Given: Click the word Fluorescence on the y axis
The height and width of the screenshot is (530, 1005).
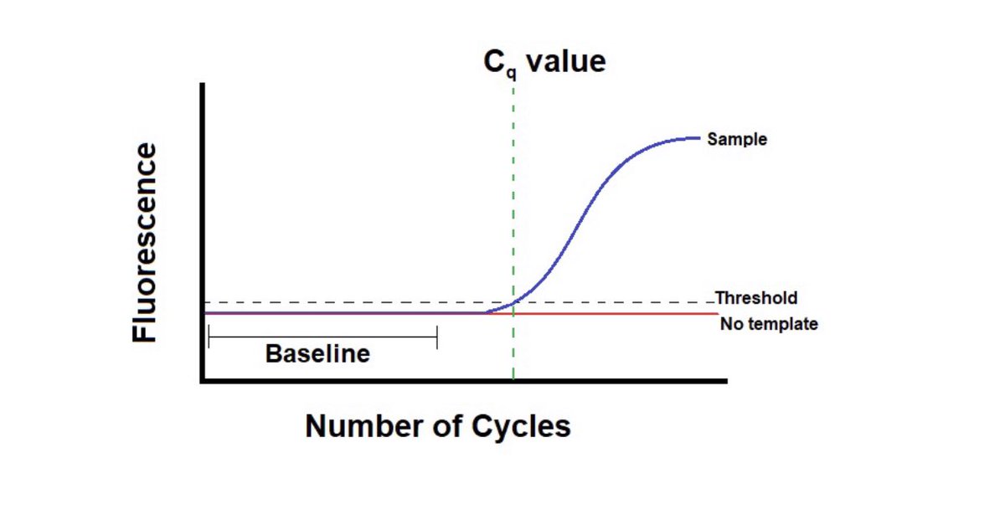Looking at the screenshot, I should coord(145,242).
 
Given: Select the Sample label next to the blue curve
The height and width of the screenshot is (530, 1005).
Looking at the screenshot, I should coord(736,139).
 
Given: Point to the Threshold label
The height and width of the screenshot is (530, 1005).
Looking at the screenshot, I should coord(756,298).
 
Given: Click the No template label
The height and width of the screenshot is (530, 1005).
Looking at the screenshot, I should coord(768,323).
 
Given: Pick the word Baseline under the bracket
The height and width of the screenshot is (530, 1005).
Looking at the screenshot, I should coord(317,354).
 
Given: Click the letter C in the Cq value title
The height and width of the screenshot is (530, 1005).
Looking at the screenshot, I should coord(495,61).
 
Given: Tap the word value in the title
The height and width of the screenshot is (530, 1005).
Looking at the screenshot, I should coord(565,61).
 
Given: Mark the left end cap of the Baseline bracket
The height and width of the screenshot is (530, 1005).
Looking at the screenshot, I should coord(209,337).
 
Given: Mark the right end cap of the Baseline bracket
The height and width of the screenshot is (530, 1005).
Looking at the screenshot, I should coord(436,337).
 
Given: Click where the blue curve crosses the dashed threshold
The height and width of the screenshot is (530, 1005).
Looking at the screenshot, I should coord(512,302).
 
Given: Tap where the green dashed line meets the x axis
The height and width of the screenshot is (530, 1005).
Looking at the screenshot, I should coord(513,380).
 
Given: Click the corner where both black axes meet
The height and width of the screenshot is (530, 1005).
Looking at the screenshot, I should coord(203,381).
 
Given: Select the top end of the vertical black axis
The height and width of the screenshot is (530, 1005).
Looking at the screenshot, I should coord(203,85).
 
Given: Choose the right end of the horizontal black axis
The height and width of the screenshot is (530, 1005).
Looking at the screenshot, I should coord(725,381).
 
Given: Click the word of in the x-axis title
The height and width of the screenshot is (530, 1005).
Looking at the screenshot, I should coord(453,426).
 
